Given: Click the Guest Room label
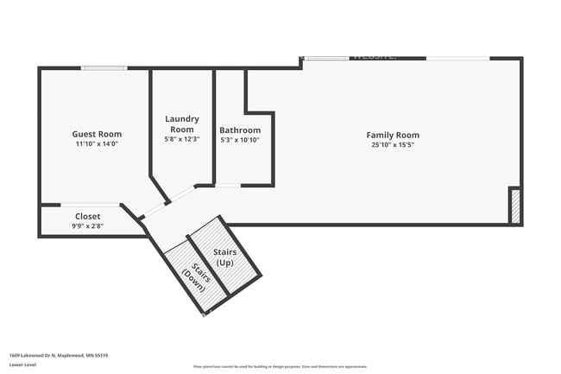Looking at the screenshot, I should click(x=96, y=134).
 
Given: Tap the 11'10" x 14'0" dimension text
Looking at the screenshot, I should click(x=96, y=144).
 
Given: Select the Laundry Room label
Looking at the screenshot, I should click(x=182, y=124).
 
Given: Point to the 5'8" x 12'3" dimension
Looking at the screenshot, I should click(x=182, y=139).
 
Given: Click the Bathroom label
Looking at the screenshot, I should click(x=239, y=130).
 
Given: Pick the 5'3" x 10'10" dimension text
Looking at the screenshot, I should click(x=239, y=140).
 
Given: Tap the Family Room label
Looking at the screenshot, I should click(x=393, y=135).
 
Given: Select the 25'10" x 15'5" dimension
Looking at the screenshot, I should click(x=393, y=145).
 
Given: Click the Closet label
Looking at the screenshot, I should click(x=87, y=216).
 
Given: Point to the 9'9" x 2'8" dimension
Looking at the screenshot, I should click(x=87, y=225).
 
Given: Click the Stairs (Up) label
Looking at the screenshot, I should click(x=224, y=257).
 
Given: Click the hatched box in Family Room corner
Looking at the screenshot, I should click(x=515, y=207).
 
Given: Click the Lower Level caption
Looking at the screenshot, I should click(x=22, y=365).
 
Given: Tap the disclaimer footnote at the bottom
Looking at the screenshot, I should click(x=280, y=366).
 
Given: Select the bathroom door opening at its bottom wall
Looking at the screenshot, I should click(x=227, y=185).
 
